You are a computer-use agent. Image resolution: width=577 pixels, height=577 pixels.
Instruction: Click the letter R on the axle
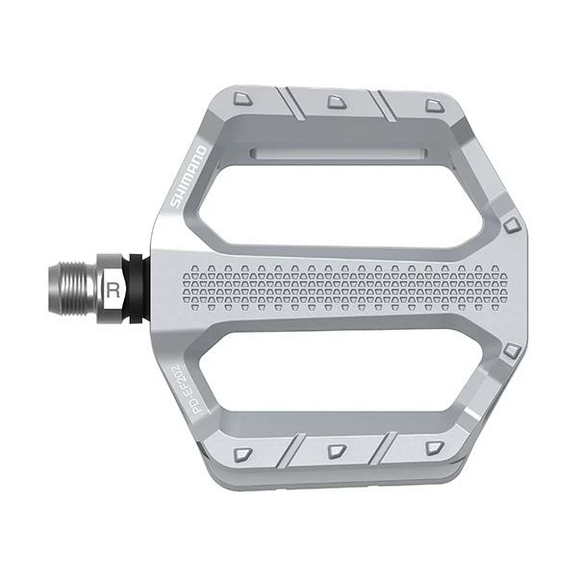(114, 286)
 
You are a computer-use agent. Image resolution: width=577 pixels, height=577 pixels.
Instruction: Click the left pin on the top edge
(243, 98)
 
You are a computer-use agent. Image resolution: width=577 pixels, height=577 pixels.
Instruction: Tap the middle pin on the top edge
(336, 100)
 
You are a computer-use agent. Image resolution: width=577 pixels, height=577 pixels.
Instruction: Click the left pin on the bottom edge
(243, 452)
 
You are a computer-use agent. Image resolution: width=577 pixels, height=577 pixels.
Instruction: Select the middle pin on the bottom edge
(336, 450)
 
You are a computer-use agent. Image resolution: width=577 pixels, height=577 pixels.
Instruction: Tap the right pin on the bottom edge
(434, 448)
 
